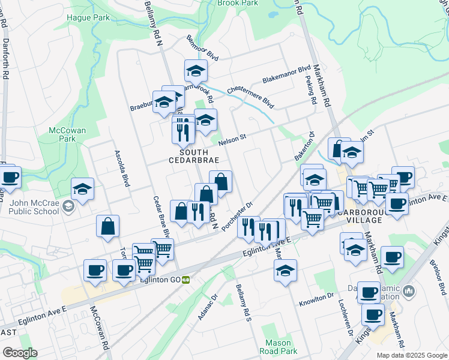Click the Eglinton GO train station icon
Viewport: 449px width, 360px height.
tap(186, 279)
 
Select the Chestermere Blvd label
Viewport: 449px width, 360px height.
tap(250, 97)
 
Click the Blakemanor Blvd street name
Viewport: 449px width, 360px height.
tap(286, 75)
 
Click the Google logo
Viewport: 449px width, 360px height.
tap(19, 353)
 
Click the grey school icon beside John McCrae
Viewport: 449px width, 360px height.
tap(68, 207)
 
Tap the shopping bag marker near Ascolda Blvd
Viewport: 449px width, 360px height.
tap(108, 227)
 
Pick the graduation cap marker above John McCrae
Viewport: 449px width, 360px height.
tap(82, 189)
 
